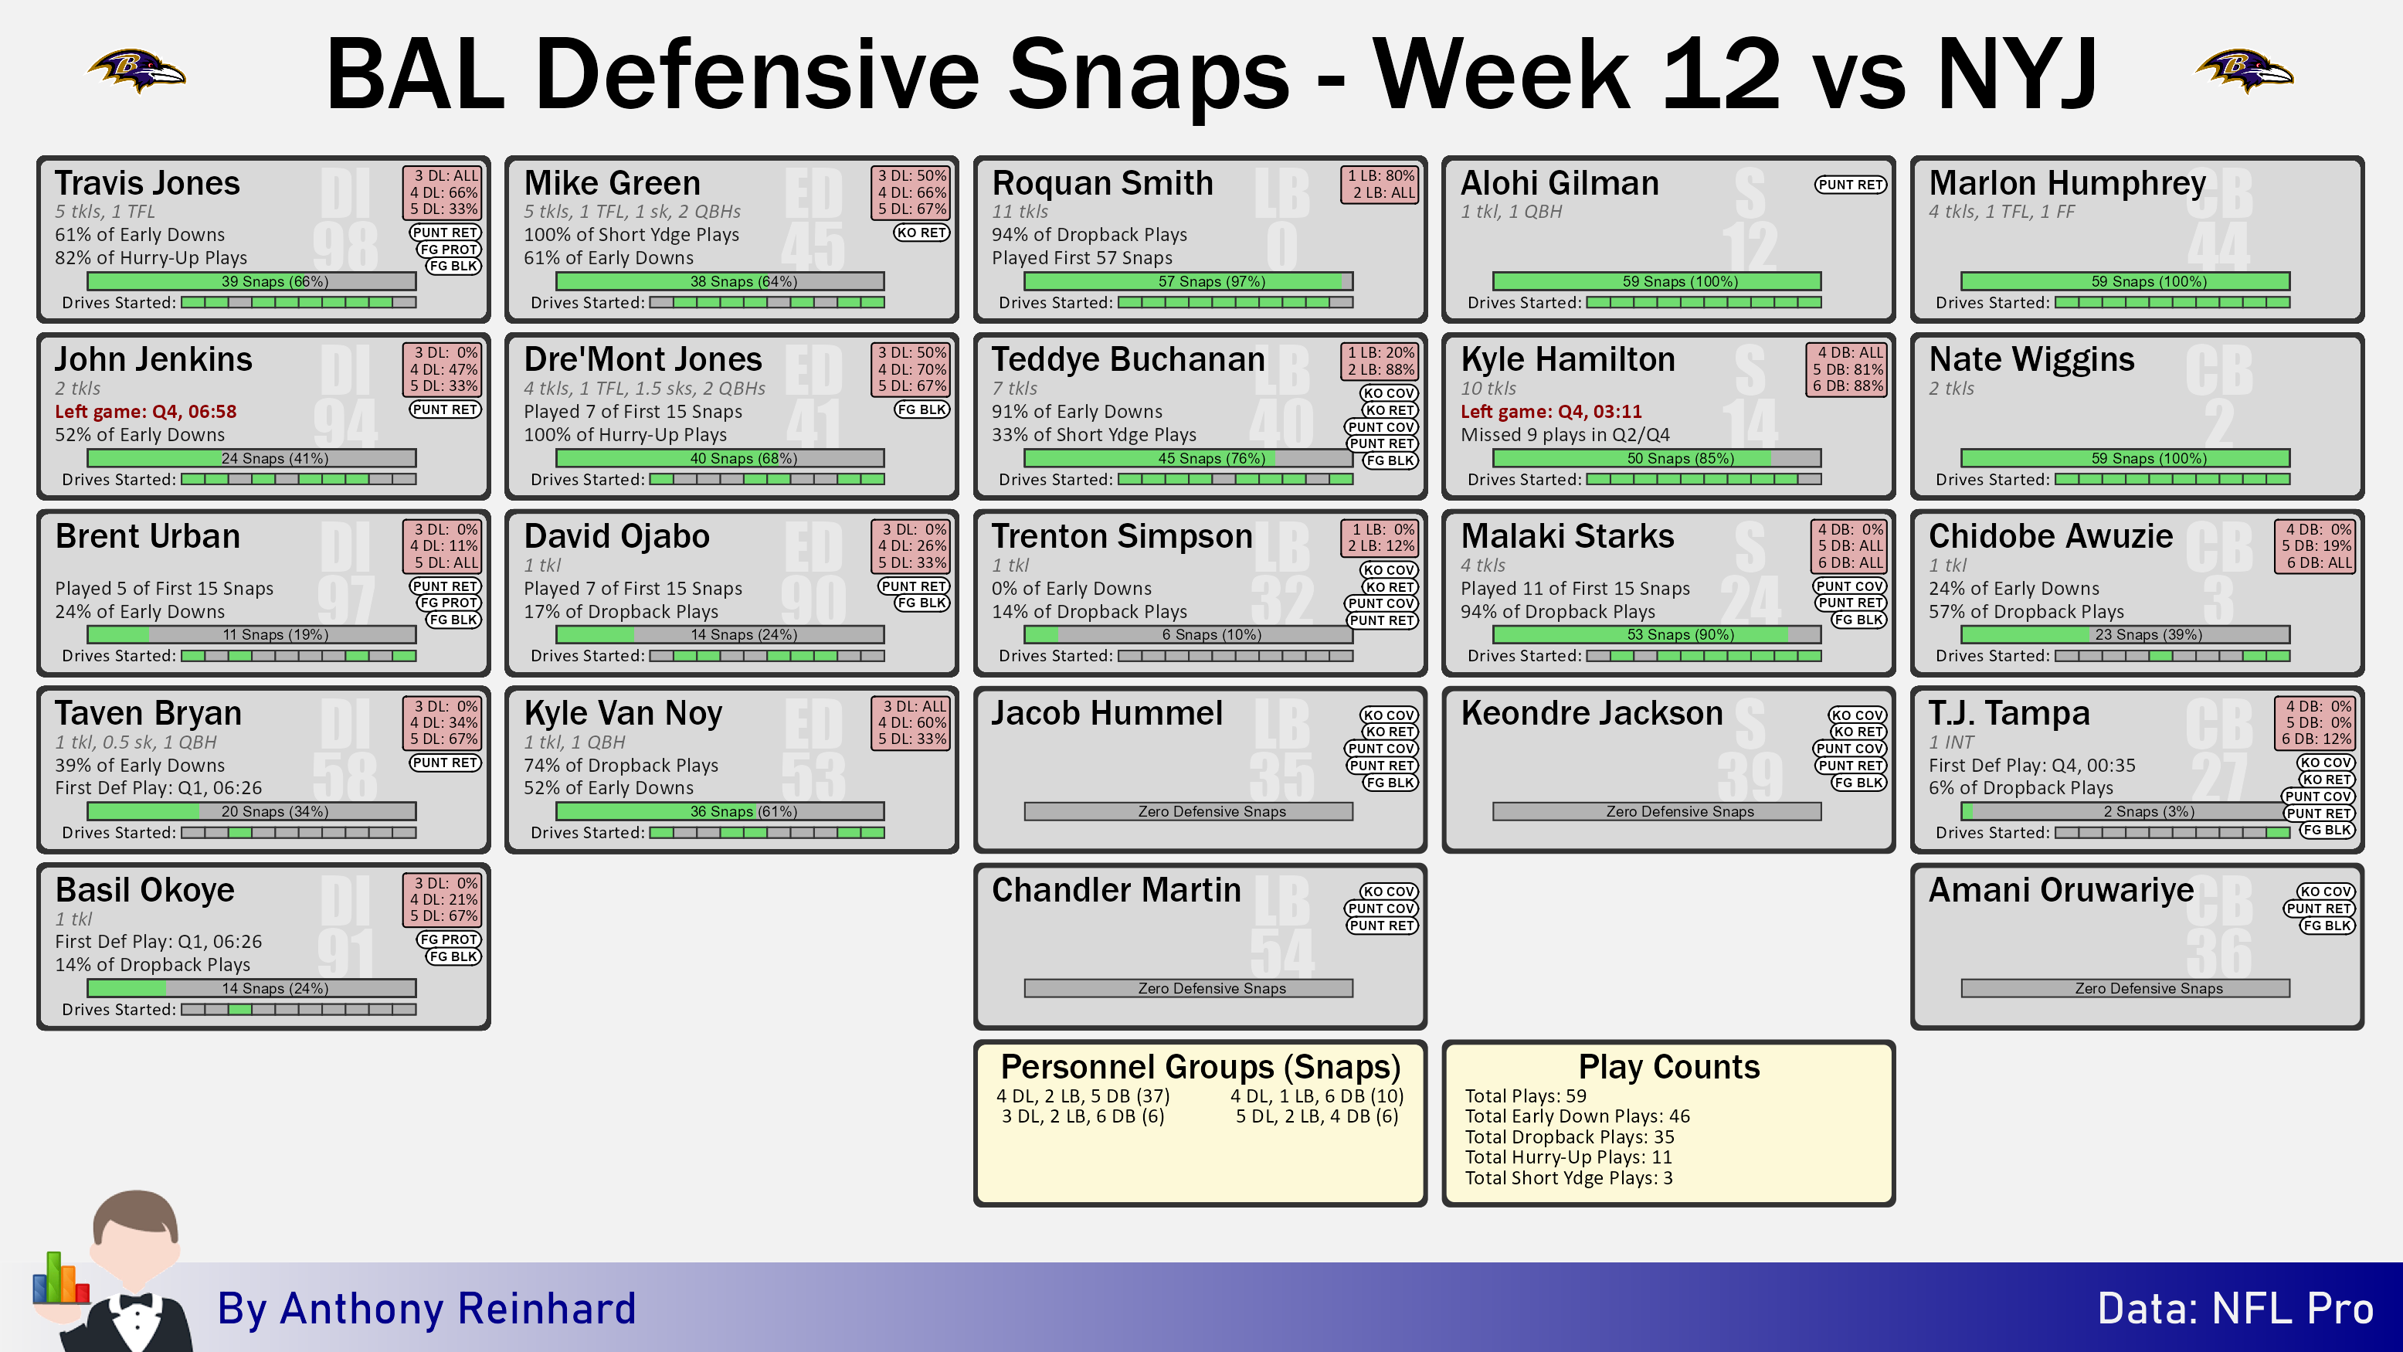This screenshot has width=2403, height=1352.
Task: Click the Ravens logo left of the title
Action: click(x=137, y=70)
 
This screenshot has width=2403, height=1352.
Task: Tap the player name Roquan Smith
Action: click(x=1101, y=183)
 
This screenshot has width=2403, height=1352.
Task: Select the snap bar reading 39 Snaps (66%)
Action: click(x=252, y=281)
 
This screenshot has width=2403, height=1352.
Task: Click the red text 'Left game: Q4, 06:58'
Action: click(x=145, y=412)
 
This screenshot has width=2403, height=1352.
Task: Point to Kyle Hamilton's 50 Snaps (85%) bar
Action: click(x=1657, y=458)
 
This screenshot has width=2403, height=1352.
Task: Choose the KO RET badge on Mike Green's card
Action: click(x=921, y=233)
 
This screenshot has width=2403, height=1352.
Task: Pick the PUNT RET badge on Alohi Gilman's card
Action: click(x=1851, y=185)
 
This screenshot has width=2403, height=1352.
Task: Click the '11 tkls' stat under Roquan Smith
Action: click(x=1020, y=212)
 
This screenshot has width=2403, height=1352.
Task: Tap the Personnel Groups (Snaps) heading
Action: click(x=1200, y=1066)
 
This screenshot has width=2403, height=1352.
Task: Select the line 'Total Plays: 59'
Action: click(x=1526, y=1096)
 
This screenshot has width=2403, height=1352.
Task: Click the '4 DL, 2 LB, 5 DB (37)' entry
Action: click(x=1083, y=1096)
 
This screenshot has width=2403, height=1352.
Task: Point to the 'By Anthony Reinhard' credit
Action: click(x=426, y=1309)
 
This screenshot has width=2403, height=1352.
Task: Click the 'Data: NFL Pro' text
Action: click(x=2235, y=1309)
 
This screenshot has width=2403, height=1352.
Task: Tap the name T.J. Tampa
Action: click(x=2008, y=713)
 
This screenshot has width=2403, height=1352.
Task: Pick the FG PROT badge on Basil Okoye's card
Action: click(x=449, y=939)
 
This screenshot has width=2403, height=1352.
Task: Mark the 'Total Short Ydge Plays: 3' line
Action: click(x=1568, y=1178)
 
